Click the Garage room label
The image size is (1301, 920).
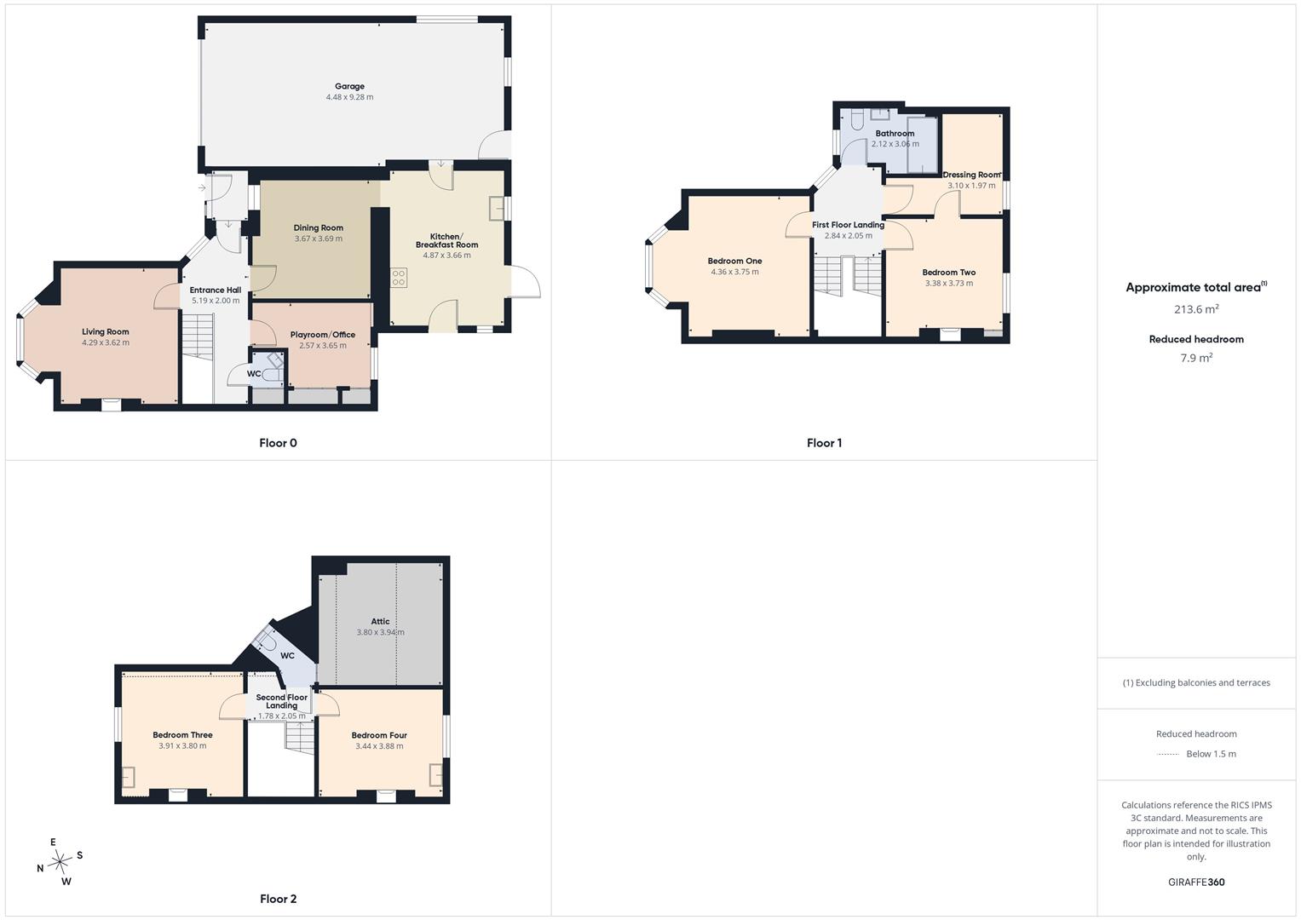(349, 86)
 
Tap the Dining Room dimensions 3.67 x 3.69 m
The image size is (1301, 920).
(319, 239)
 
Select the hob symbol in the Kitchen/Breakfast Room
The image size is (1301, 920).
(399, 278)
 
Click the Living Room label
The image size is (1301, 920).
(105, 331)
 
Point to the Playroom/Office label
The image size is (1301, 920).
(323, 335)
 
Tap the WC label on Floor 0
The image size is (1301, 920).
(254, 373)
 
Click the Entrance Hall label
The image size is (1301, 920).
(216, 290)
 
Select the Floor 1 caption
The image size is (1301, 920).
(824, 443)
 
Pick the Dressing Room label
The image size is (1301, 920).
(971, 175)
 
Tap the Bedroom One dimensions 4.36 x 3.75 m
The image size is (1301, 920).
(734, 272)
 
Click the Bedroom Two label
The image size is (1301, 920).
(949, 273)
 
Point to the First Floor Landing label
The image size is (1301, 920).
(848, 225)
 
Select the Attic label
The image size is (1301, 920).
(381, 622)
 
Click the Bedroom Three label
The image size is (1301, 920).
(182, 734)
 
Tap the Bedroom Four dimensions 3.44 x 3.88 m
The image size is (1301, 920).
(379, 746)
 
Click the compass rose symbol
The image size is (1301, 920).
(60, 862)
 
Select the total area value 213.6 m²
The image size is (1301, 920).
(1196, 309)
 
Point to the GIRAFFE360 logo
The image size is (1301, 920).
(1196, 883)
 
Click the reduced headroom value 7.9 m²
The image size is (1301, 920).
(1196, 358)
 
